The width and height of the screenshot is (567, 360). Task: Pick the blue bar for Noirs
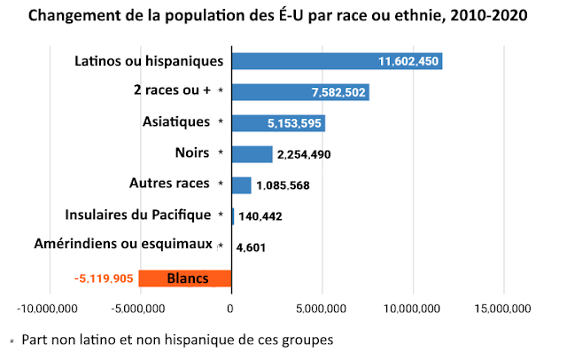click(252, 154)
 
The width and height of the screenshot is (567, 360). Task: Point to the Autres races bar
click(242, 184)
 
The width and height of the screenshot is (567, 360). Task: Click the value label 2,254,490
click(304, 155)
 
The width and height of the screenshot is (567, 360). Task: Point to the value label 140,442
click(261, 216)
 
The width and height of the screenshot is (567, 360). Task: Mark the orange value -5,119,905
click(104, 278)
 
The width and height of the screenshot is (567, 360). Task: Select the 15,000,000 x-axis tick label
click(503, 309)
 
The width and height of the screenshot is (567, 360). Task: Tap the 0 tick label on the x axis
click(231, 309)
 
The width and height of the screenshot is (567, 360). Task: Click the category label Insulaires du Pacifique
click(138, 215)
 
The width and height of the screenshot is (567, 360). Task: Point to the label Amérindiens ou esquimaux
click(122, 244)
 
